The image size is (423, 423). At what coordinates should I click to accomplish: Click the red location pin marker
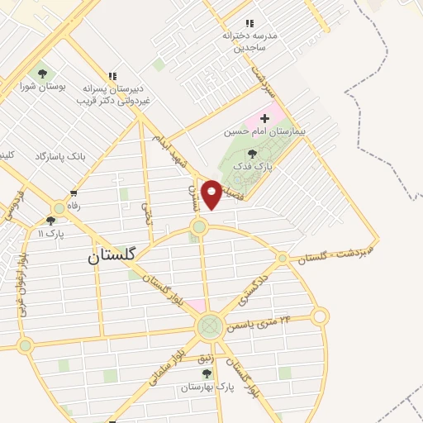(x=212, y=194)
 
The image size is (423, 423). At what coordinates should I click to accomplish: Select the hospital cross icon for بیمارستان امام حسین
(x=264, y=118)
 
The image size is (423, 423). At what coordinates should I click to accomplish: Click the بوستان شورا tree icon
(x=41, y=74)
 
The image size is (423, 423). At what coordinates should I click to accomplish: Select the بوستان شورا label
(x=41, y=86)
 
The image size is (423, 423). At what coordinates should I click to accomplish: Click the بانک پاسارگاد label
(x=60, y=155)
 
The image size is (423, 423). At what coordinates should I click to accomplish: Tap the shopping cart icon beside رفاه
(x=74, y=193)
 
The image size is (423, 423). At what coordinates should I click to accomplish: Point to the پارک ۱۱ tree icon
(x=51, y=221)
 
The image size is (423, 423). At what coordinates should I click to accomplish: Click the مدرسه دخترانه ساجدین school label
(x=250, y=42)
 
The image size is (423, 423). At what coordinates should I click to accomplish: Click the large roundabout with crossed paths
(x=209, y=326)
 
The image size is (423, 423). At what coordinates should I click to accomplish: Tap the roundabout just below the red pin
(x=198, y=226)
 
